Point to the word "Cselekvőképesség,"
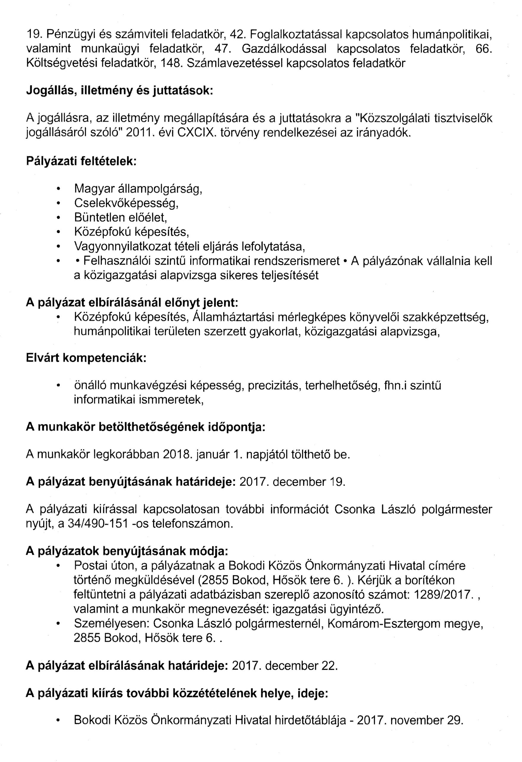pyautogui.click(x=126, y=203)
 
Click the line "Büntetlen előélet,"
pyautogui.click(x=121, y=217)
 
